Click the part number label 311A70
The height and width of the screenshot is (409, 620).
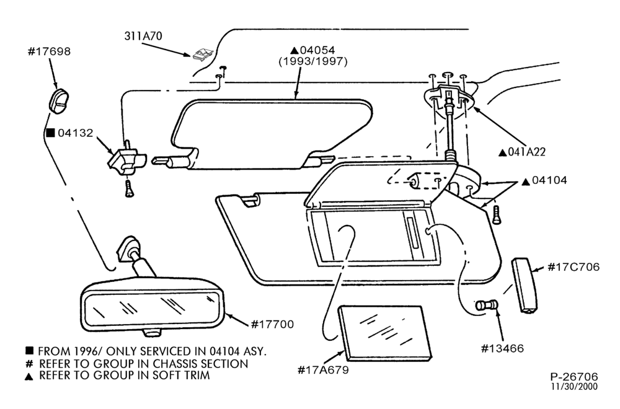(x=143, y=36)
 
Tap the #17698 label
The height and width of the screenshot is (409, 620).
(x=49, y=51)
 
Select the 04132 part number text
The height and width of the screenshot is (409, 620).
(x=76, y=133)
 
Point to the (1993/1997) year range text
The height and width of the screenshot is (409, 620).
(x=313, y=61)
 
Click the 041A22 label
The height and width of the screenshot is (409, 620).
(x=526, y=152)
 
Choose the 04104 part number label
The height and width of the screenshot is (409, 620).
(x=549, y=180)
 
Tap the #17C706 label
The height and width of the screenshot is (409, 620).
(x=573, y=268)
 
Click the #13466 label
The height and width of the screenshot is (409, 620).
(x=502, y=348)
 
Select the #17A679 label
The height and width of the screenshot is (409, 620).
(x=323, y=371)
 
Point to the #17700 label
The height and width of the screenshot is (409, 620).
(x=272, y=325)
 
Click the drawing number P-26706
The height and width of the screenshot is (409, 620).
(x=574, y=377)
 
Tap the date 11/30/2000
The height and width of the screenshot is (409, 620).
(x=575, y=387)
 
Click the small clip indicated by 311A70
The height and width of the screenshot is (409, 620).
(x=203, y=55)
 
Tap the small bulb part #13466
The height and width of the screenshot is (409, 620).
(x=486, y=306)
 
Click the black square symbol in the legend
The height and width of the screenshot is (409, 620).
(x=29, y=351)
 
